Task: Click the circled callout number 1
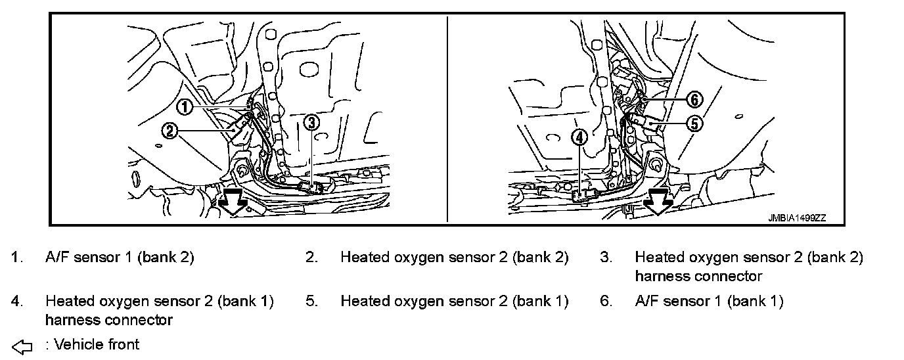coord(186,106)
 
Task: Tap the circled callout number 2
coord(169,131)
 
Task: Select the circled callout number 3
coord(313,122)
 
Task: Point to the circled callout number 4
coord(579,137)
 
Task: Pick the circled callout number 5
coord(694,123)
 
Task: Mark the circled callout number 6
coord(694,100)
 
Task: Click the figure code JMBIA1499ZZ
coord(797,218)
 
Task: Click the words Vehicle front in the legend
coord(97,344)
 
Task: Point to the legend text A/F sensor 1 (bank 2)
coord(120,257)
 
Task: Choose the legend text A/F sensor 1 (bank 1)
coord(709,301)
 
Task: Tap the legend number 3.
coord(606,257)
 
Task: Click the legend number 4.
coord(16,301)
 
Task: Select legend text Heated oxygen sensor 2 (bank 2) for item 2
coord(454,257)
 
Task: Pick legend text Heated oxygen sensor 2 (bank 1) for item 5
coord(454,301)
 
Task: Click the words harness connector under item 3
coord(698,276)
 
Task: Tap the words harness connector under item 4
coord(109,320)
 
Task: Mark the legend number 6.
coord(606,301)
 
